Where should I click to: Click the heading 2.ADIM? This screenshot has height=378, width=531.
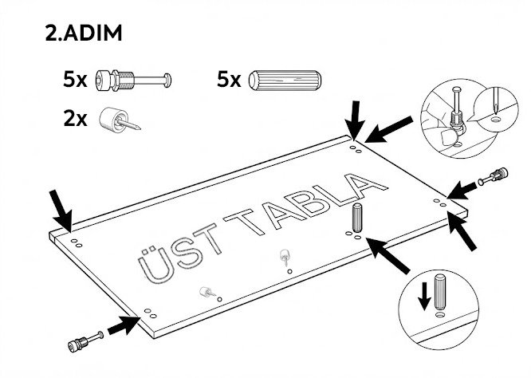[84, 36]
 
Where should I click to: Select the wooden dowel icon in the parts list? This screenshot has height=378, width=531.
[285, 80]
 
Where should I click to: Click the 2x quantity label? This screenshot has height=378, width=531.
[75, 120]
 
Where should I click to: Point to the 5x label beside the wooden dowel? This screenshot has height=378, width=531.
[228, 80]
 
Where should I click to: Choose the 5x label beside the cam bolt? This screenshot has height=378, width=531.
[75, 80]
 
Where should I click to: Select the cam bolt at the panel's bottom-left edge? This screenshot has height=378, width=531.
[84, 341]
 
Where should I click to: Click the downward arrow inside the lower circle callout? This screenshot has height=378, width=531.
[424, 297]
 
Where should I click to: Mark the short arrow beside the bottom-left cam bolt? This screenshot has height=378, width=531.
[122, 325]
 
